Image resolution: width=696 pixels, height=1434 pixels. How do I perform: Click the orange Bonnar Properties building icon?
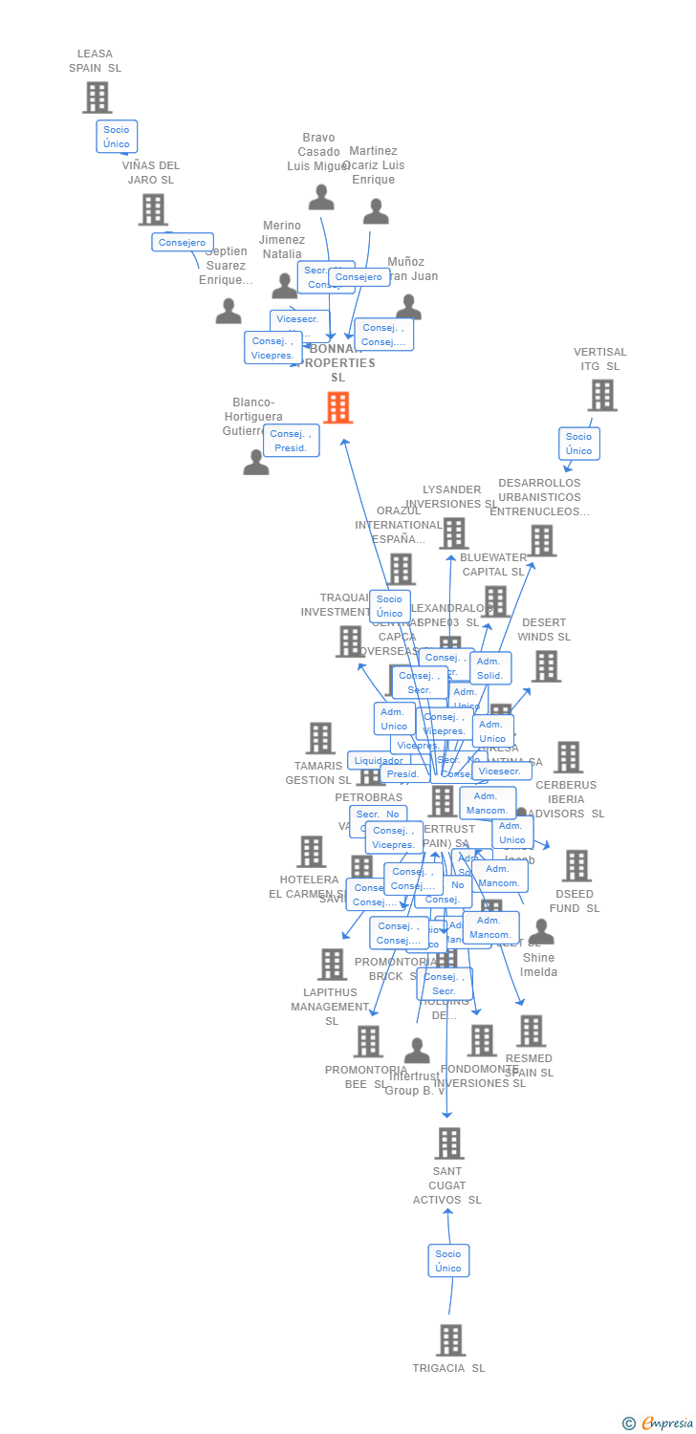click(337, 407)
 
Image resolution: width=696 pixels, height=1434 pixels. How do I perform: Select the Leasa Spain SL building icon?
click(97, 98)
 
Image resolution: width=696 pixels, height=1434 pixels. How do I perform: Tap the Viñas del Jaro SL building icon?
click(153, 209)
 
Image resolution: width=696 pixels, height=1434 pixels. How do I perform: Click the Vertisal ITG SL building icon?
click(601, 395)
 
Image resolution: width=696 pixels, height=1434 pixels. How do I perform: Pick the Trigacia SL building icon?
click(450, 1340)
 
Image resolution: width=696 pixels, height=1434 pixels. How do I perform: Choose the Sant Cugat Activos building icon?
click(448, 1143)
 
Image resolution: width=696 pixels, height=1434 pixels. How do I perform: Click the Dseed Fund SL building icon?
click(576, 866)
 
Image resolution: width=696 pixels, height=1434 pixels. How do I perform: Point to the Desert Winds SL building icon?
click(545, 666)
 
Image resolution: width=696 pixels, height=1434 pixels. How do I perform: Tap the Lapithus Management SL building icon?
click(332, 965)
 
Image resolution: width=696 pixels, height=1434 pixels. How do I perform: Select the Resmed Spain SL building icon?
click(531, 1031)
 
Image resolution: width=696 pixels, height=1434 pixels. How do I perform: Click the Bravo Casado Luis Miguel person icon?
click(321, 197)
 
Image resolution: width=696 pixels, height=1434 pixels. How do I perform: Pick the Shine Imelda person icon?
click(541, 931)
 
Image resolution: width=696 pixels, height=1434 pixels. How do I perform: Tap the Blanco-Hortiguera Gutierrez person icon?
click(255, 462)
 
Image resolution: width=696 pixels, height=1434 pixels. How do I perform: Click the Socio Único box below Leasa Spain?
click(117, 137)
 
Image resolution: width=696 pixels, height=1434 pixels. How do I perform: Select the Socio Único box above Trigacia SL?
click(448, 1261)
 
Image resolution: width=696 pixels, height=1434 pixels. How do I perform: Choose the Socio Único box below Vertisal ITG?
click(578, 444)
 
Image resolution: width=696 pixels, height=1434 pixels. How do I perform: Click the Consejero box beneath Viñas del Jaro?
click(182, 243)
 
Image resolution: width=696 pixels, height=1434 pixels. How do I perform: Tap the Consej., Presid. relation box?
click(291, 441)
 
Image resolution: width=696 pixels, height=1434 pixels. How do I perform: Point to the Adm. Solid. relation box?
click(489, 668)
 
